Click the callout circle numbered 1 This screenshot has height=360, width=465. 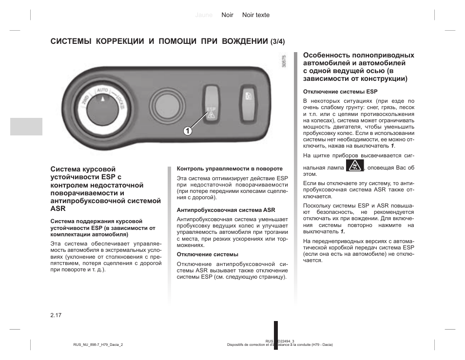(x=187, y=131)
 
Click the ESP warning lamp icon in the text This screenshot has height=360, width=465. (x=355, y=167)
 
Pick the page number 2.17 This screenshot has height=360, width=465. (x=56, y=316)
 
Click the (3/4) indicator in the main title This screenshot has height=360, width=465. (x=277, y=41)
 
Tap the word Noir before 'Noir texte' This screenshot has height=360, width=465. (x=227, y=15)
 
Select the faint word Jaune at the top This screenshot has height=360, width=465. (x=204, y=15)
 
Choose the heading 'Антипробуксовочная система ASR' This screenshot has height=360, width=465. (x=226, y=210)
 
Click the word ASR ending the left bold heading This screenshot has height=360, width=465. (x=57, y=208)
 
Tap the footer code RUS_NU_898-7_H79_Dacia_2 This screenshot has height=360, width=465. (x=98, y=344)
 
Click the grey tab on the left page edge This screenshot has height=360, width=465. (x=26, y=127)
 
